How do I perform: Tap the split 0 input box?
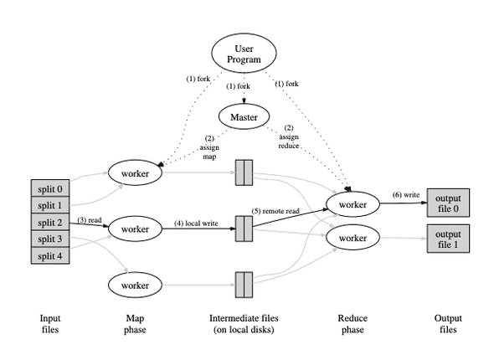coord(50,188)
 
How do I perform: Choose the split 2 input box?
coord(50,222)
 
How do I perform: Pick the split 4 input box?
coord(50,255)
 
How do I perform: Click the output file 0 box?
coord(444,203)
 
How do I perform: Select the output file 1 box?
coord(444,238)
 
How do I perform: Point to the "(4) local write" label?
coord(198,223)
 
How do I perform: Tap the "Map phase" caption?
coord(135,324)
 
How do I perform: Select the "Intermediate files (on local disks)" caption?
coord(244,324)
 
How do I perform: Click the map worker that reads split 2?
coord(134,228)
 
